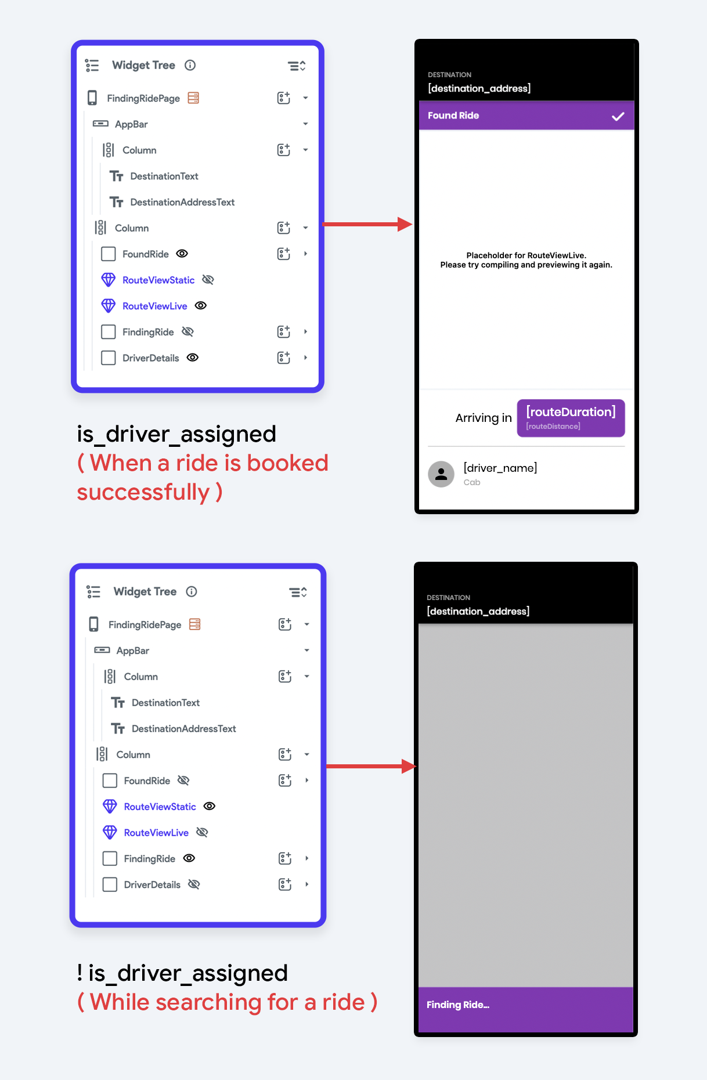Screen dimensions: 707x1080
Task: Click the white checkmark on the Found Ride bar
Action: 618,116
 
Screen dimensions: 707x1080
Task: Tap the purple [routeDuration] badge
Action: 571,418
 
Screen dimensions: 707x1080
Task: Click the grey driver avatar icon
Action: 441,474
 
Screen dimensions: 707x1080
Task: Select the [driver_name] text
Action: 500,468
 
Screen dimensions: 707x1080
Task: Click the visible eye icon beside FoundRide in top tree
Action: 182,254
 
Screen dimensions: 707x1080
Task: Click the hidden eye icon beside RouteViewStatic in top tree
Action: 208,280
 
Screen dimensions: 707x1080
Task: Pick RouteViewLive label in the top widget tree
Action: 154,306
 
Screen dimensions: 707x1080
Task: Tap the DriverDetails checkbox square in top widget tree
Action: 109,358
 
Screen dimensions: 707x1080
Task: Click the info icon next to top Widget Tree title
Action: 190,65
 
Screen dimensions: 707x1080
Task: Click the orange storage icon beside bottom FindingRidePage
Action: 195,624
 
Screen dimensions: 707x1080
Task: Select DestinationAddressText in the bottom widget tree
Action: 183,728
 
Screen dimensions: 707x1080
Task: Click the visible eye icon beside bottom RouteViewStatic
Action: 210,806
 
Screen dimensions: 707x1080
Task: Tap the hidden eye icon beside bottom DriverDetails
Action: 194,884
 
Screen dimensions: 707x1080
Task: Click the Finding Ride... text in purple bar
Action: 457,1005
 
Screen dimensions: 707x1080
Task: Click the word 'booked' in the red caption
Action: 287,463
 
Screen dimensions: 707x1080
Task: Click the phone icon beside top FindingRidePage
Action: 92,98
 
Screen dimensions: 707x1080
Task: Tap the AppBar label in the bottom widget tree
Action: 133,651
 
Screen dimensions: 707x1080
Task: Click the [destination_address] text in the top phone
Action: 479,88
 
